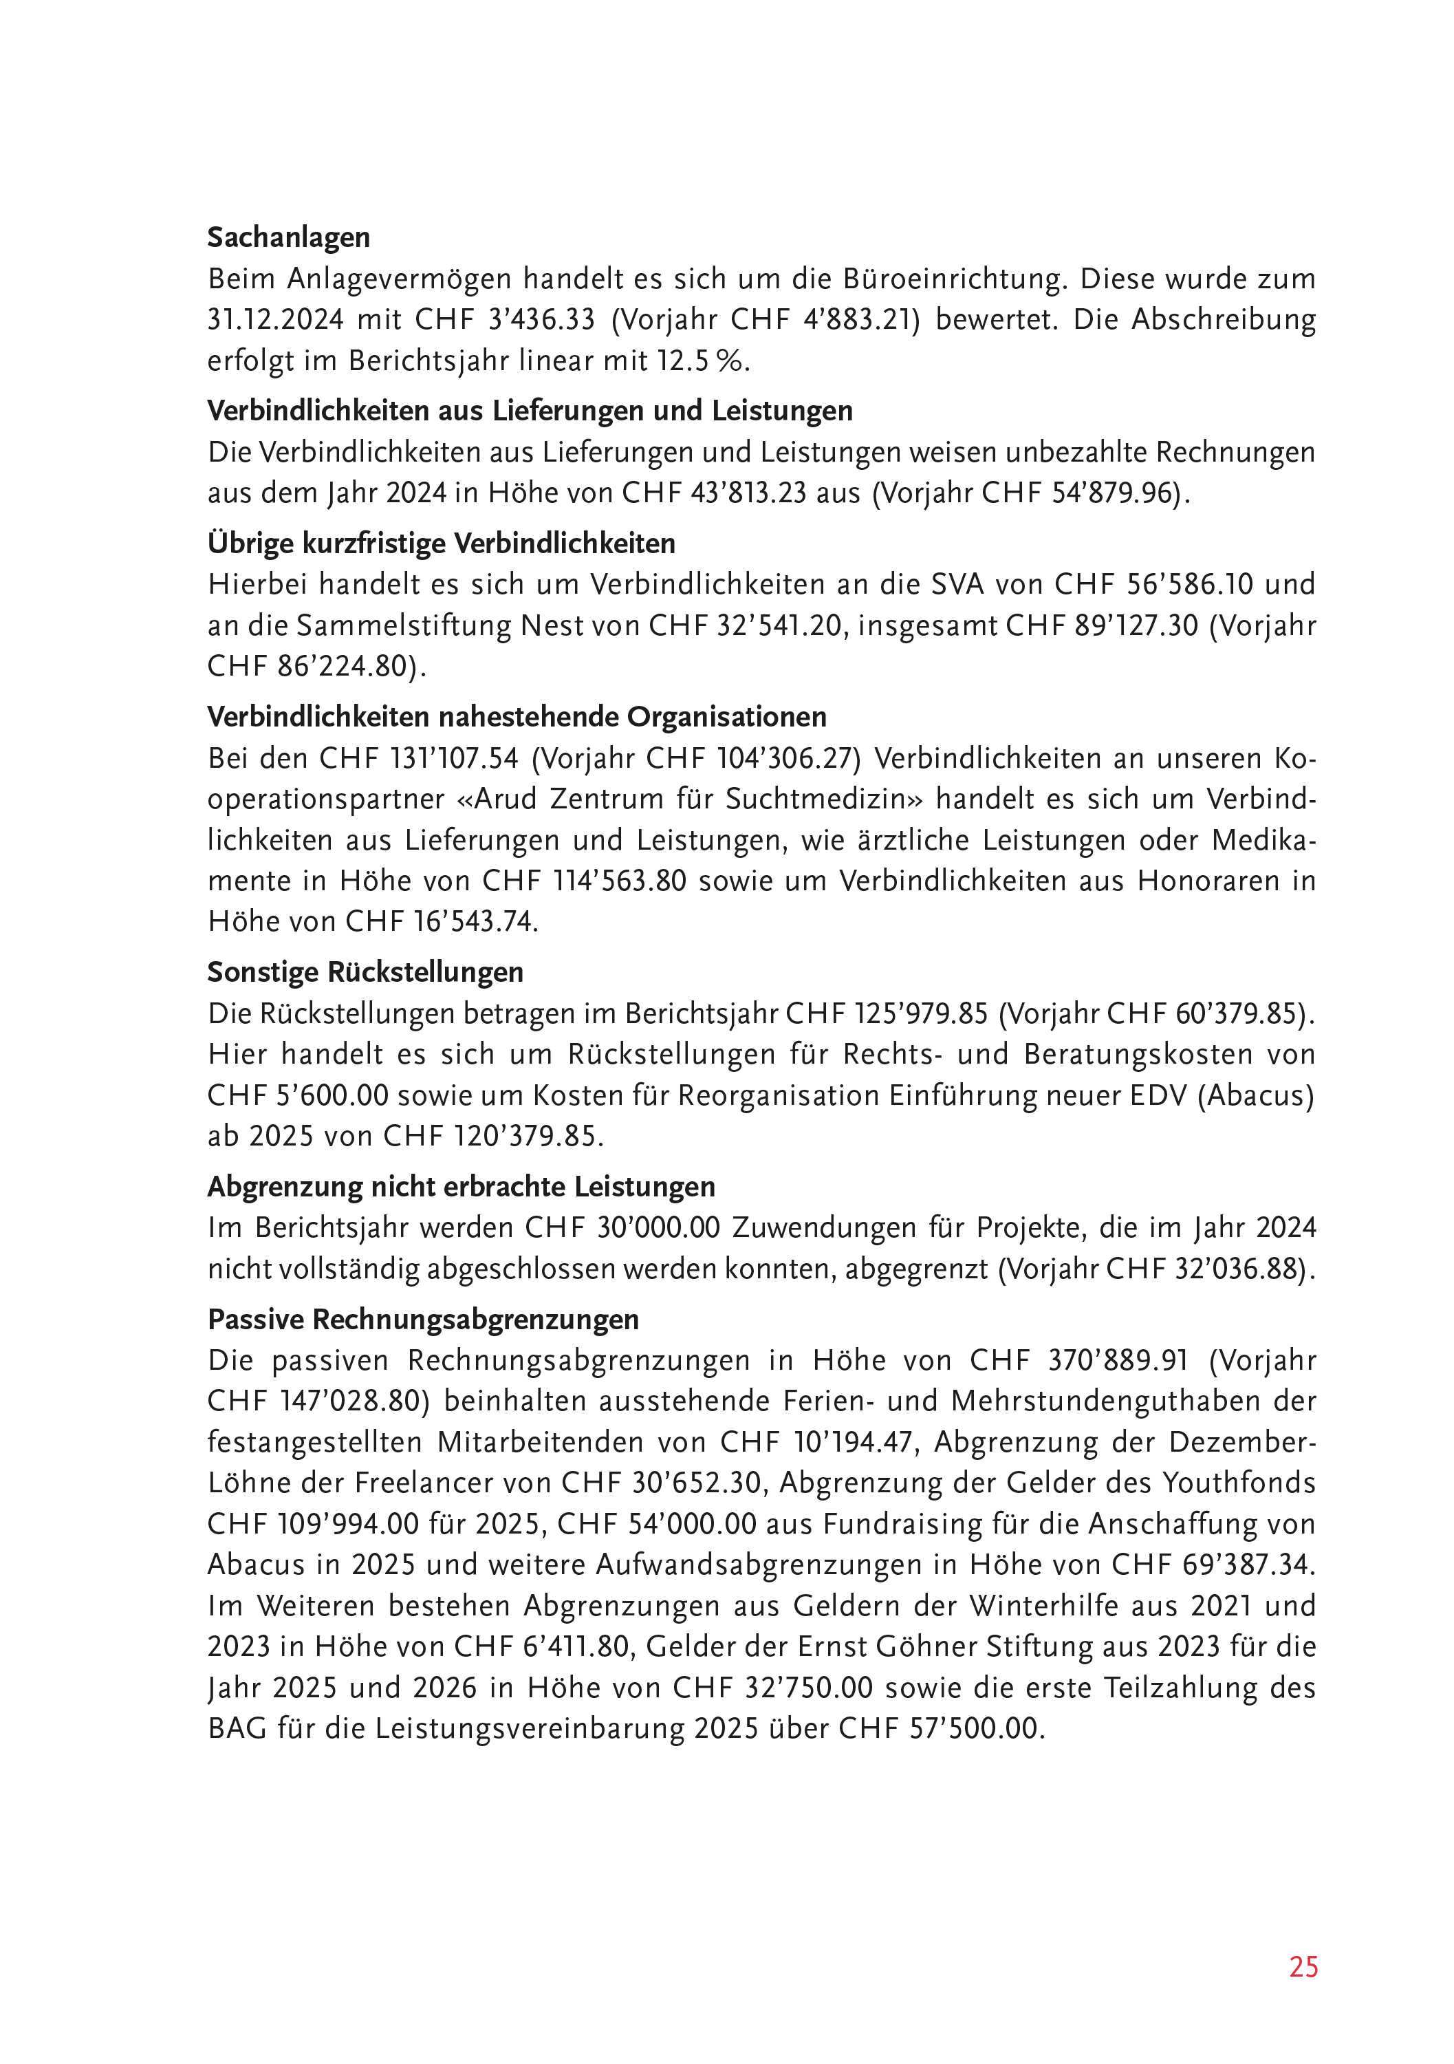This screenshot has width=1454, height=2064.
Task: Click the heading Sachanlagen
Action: click(x=288, y=237)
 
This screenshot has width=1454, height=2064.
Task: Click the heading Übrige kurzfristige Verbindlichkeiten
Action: click(x=442, y=543)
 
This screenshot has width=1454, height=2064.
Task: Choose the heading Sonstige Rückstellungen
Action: click(x=365, y=971)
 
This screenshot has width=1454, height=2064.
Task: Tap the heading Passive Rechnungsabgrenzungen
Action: click(x=423, y=1319)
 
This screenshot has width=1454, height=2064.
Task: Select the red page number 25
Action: click(x=1303, y=1968)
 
